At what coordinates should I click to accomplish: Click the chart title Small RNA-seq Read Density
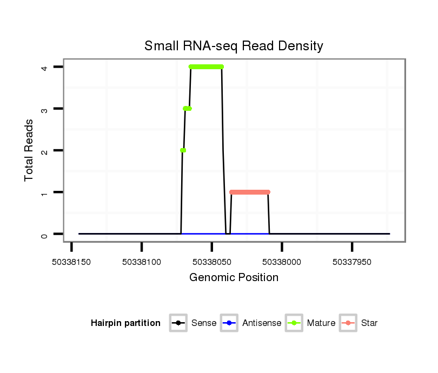click(234, 46)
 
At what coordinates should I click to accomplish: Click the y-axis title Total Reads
click(29, 150)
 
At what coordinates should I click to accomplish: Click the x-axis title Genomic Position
click(234, 278)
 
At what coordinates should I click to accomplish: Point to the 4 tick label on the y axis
click(46, 67)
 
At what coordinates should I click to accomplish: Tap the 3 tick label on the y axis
click(46, 109)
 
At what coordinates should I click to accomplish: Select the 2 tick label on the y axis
click(46, 150)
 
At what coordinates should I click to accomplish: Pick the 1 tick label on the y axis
click(46, 192)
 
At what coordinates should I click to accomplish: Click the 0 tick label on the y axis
click(46, 234)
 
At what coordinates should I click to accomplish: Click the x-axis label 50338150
click(72, 262)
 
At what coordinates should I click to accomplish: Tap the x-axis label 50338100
click(142, 262)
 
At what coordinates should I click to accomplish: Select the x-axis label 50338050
click(211, 262)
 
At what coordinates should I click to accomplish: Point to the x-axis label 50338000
click(282, 262)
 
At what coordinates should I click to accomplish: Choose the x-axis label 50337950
click(351, 262)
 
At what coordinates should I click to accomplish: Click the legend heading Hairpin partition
click(125, 323)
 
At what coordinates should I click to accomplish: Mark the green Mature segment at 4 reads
click(206, 67)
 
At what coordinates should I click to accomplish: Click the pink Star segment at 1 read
click(249, 192)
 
